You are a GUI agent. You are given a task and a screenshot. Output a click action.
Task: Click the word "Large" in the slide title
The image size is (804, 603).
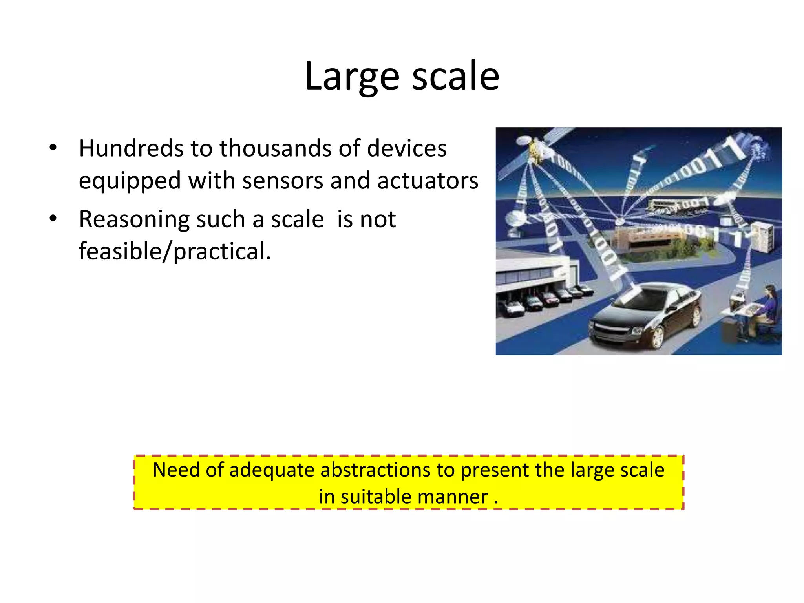(x=352, y=77)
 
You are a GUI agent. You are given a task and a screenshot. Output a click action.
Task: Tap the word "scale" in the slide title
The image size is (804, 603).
(x=455, y=77)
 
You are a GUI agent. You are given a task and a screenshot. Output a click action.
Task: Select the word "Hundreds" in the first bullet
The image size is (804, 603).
(x=131, y=148)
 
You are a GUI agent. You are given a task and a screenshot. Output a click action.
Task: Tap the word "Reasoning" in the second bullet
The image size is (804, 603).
(x=134, y=219)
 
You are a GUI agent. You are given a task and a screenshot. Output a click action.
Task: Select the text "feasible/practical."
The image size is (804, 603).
(x=175, y=251)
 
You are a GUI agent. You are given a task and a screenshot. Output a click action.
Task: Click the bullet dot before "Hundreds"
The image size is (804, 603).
(x=53, y=148)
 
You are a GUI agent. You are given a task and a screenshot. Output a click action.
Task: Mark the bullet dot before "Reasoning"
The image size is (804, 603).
(x=53, y=218)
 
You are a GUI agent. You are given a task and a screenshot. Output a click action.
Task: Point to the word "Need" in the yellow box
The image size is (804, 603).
(x=176, y=470)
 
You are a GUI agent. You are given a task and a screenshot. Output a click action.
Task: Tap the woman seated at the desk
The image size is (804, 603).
(x=767, y=306)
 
